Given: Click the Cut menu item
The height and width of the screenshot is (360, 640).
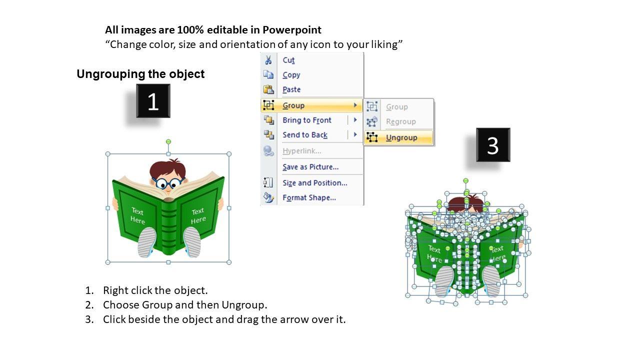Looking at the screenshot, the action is coord(288,60).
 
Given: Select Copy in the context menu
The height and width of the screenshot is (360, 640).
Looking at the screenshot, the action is coord(291,75).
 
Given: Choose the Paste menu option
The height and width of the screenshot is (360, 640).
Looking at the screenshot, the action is coord(291,89).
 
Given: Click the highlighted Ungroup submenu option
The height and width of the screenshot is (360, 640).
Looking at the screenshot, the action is coord(401,137).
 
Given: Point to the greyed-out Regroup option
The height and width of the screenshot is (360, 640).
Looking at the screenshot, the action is coord(401,121).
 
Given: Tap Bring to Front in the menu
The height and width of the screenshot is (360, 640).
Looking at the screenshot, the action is coord(307,120).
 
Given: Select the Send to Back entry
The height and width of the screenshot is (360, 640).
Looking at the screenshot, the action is coord(305,135).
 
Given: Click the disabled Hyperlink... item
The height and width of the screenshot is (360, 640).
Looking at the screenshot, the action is coord(301,151).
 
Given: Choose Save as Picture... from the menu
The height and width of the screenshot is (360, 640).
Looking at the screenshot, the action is coord(310,167).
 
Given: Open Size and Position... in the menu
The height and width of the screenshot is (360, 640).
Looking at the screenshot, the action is coord(315,183).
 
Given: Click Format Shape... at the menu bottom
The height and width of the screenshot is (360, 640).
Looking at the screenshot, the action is coord(309,197).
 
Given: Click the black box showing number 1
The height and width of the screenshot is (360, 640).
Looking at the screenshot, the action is coord(153,101).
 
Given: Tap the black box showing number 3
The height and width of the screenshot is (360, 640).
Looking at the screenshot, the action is coord(493,145).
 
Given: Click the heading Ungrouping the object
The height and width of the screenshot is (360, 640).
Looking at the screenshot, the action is coord(140,74).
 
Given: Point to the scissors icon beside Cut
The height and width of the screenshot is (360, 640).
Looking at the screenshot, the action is coord(268,60).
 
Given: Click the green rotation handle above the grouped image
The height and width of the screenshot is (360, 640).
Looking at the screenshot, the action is coord(168,141).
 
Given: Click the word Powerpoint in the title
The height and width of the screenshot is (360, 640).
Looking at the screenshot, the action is coord(292,30).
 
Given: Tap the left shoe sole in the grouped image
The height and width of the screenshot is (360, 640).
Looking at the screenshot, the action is coord(147,242).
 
